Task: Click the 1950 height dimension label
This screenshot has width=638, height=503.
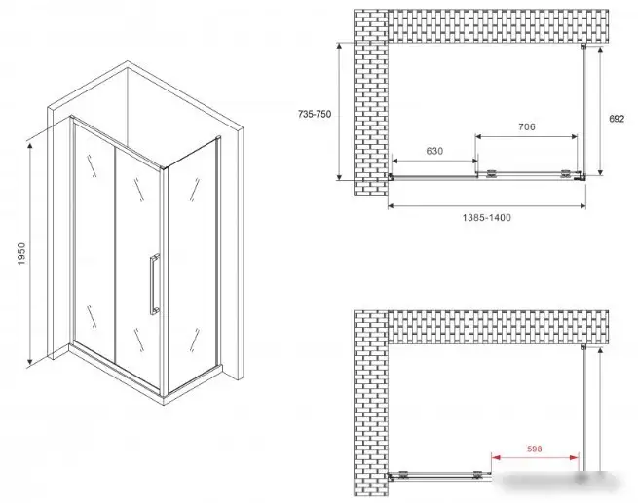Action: tap(21, 254)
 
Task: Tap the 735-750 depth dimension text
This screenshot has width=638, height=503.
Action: tap(315, 114)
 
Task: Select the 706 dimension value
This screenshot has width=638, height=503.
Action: tap(527, 127)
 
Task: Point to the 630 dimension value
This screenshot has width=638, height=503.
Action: tap(434, 151)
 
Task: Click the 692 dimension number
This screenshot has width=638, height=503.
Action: tap(617, 119)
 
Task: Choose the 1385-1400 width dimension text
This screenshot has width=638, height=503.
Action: tap(487, 218)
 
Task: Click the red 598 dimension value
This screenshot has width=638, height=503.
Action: tap(534, 449)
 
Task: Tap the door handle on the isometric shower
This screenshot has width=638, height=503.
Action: tap(154, 284)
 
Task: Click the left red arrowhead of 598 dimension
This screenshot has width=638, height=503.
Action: tap(496, 457)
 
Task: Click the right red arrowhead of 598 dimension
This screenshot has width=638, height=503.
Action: tap(574, 457)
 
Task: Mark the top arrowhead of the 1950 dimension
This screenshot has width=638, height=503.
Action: tap(29, 146)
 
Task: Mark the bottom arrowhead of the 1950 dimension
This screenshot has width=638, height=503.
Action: tap(29, 361)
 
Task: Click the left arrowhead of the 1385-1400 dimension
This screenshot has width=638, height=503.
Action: tap(392, 206)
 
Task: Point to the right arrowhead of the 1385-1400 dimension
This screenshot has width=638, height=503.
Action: tap(582, 206)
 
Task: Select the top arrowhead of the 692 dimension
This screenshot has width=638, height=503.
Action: tap(600, 51)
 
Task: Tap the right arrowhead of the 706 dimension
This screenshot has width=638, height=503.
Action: tap(574, 136)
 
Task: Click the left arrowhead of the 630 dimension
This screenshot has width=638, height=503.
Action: tap(395, 162)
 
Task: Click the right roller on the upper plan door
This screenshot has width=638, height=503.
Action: tap(565, 173)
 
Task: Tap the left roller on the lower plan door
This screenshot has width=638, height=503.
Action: tap(403, 474)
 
